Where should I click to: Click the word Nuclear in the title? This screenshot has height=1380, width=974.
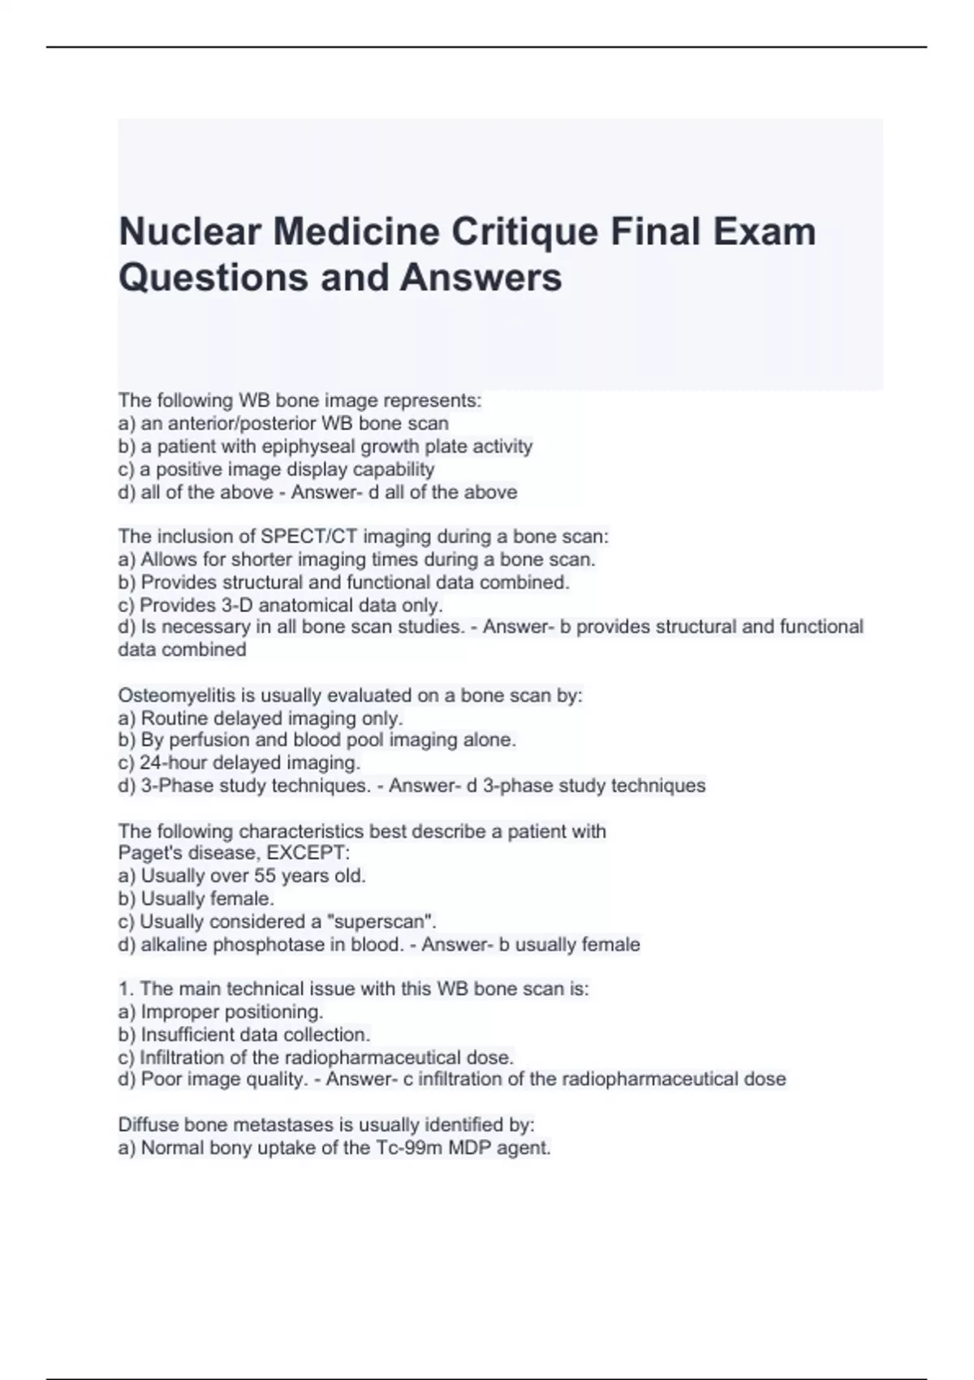pos(190,231)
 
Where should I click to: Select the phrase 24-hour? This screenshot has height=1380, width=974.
pos(170,763)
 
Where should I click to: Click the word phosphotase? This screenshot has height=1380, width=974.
pos(261,945)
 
